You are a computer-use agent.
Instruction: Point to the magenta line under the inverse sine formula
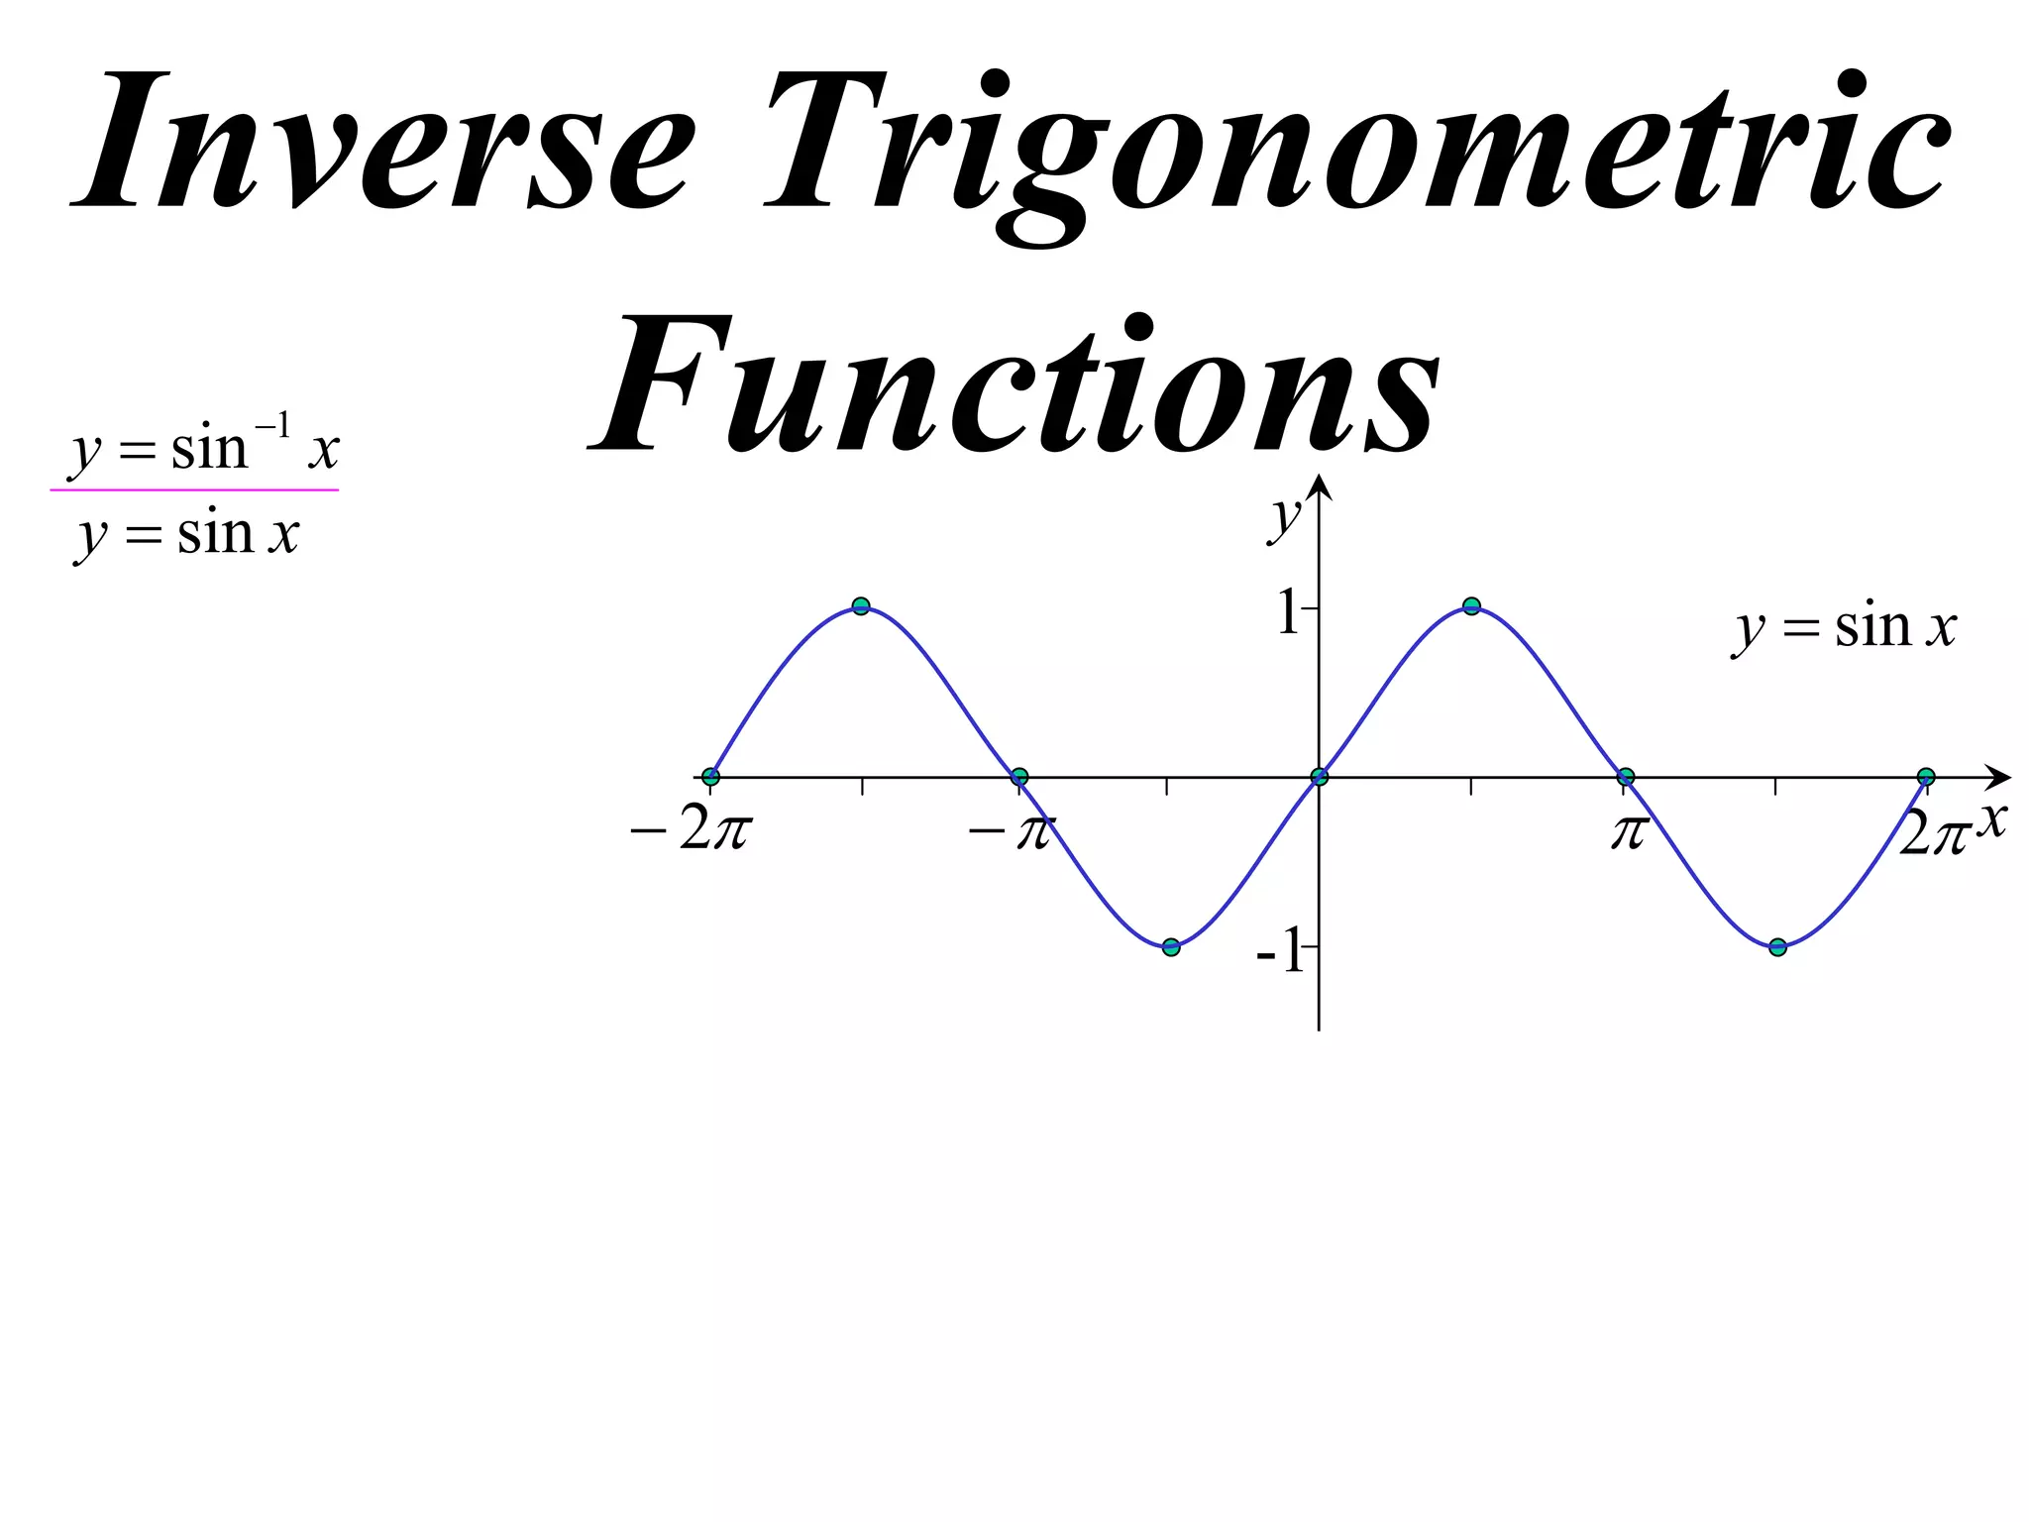click(194, 489)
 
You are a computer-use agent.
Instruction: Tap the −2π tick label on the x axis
click(692, 830)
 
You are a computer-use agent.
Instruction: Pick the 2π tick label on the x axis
click(1932, 832)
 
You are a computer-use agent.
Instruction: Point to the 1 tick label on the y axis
click(1288, 611)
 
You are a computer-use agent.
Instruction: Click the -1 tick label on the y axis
click(1281, 953)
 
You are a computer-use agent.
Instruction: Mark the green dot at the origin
click(1319, 777)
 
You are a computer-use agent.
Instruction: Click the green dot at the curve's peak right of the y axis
click(1471, 606)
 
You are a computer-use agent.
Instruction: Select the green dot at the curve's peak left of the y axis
click(861, 606)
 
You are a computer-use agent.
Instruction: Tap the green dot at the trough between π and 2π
click(1777, 947)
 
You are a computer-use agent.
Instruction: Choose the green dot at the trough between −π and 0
click(1171, 947)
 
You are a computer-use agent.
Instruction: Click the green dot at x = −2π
click(710, 777)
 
